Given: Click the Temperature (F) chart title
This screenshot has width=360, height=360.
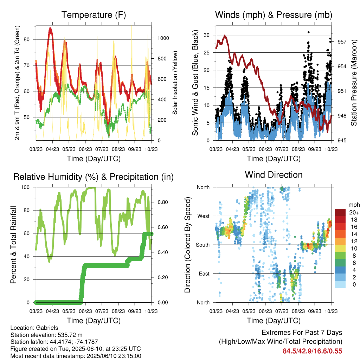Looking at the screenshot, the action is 94,15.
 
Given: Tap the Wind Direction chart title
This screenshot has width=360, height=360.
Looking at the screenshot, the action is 274,175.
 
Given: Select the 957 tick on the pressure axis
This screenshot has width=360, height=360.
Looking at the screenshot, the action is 342,42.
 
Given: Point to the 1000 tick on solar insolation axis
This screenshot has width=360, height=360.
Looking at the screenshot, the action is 163,38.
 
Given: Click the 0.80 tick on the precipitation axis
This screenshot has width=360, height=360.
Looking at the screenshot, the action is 163,202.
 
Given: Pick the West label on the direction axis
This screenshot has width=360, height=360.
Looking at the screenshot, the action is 204,216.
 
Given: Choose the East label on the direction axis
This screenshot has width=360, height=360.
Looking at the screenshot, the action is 204,274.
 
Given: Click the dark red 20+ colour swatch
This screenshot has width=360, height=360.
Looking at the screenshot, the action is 340,212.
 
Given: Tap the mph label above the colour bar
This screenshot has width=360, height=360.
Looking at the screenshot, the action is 354,205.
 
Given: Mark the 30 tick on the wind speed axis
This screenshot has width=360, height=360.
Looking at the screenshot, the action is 207,35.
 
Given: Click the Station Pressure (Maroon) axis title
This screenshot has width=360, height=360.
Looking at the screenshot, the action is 354,83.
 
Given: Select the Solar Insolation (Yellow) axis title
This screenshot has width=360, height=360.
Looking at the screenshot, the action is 175,83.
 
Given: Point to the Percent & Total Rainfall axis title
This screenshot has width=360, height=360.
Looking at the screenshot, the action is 13,245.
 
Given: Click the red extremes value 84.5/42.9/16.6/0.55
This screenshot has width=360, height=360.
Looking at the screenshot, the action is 312,351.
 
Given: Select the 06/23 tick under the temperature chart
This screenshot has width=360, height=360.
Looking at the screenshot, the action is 85,149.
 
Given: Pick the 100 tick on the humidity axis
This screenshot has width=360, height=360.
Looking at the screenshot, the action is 25,187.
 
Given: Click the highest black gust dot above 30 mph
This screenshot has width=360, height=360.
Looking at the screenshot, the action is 309,32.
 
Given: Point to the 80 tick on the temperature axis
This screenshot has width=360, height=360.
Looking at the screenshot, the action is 27,39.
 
